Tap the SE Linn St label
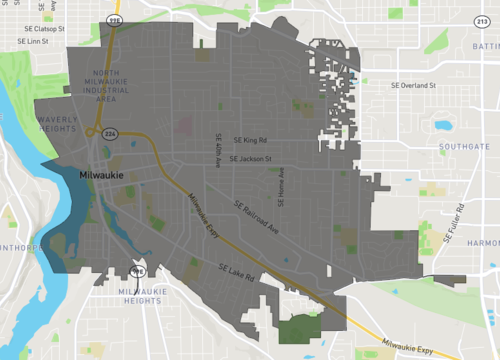pos(31,40)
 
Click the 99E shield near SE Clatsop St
pos(115,20)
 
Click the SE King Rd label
pos(250,141)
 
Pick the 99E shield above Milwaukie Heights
pos(139,271)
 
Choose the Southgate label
pos(464,147)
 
